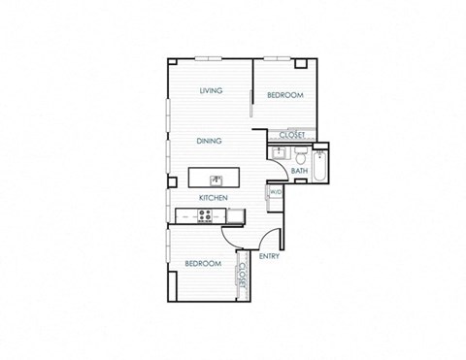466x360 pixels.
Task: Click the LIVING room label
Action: [x=211, y=91]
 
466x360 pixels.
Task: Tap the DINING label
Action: [x=209, y=141]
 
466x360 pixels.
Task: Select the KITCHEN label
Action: [x=214, y=198]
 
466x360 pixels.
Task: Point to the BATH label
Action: [x=299, y=171]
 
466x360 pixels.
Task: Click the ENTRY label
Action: [x=269, y=256]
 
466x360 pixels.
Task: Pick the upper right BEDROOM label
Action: [x=285, y=95]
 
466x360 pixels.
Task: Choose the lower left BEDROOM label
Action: [x=203, y=263]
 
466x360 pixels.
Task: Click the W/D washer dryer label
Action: [x=276, y=192]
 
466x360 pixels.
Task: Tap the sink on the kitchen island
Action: [x=217, y=179]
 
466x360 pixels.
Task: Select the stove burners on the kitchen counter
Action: [x=205, y=215]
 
